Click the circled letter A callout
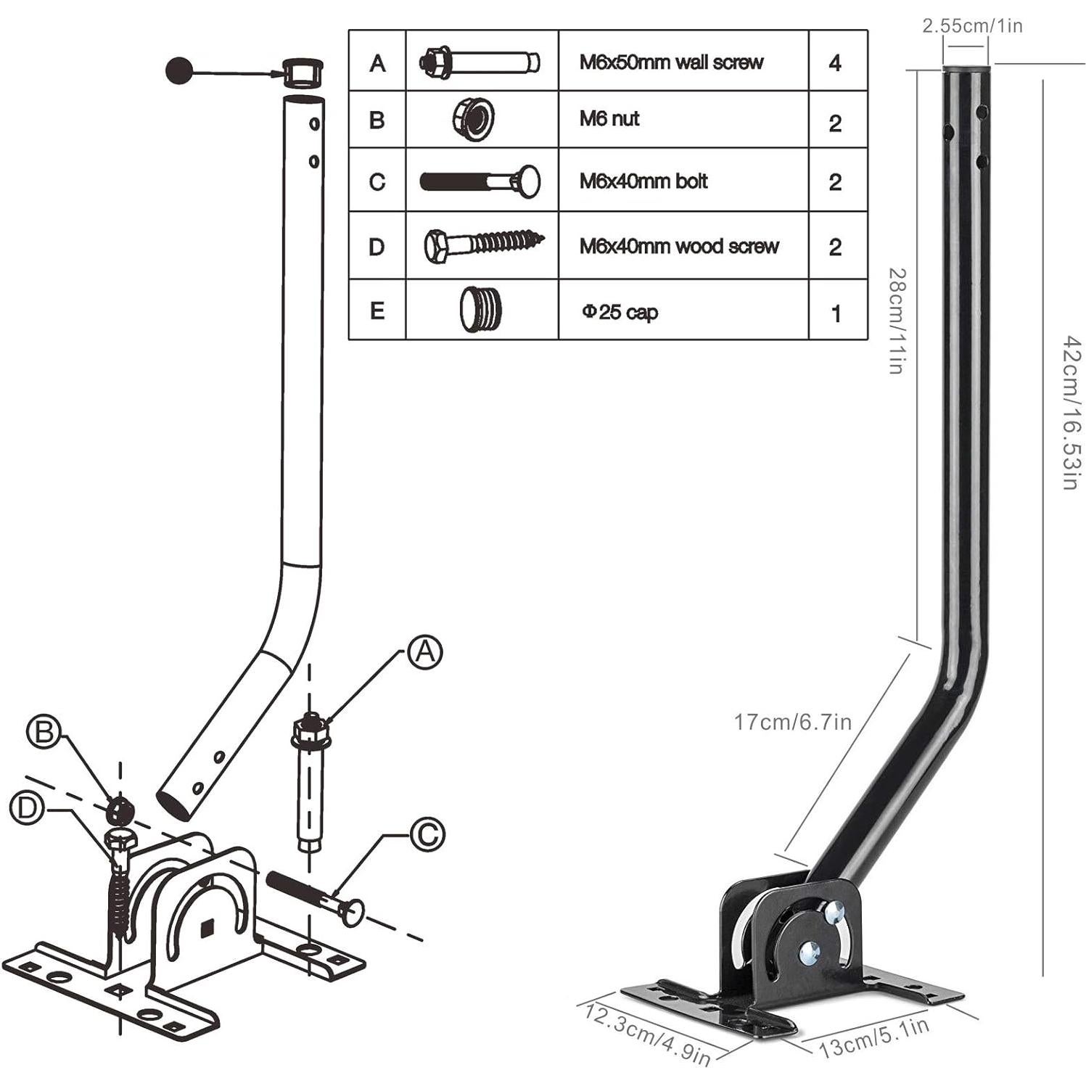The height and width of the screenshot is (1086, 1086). [425, 652]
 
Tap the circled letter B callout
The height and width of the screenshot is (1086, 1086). [44, 731]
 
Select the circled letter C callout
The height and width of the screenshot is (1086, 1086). [427, 834]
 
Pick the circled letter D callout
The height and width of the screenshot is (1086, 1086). [27, 807]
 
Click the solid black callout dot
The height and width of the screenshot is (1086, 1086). [179, 70]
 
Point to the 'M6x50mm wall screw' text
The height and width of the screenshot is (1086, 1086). [671, 62]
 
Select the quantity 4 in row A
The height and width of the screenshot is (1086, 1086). [835, 63]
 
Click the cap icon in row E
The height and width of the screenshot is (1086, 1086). [480, 310]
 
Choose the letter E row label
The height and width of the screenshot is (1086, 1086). [377, 311]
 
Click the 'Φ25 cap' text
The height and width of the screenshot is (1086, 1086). [620, 312]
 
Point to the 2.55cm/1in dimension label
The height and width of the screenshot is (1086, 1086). [972, 26]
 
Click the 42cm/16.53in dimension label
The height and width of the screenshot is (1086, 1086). [1070, 412]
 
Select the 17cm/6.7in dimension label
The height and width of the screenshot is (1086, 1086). [792, 722]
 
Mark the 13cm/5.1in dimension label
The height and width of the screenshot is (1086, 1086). [874, 1037]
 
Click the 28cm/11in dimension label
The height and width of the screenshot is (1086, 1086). [897, 320]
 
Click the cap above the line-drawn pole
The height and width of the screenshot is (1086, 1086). [302, 72]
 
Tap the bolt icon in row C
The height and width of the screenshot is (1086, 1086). [480, 181]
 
